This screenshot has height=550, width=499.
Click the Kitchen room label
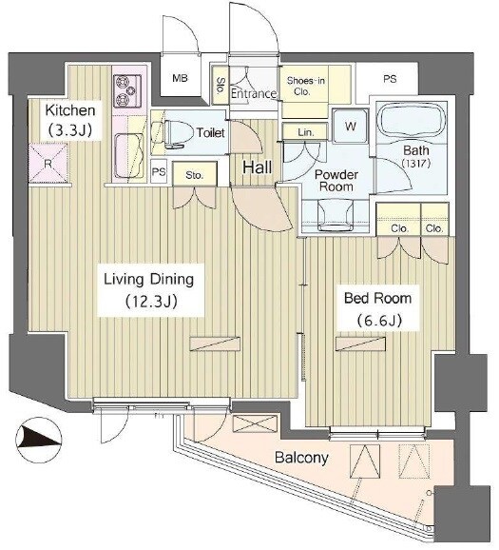pos(70,110)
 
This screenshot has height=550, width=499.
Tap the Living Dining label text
pos(148,280)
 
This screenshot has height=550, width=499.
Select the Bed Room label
pos(377,298)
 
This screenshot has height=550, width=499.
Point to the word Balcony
pos(301,458)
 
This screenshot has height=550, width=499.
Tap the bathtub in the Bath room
pos(413,122)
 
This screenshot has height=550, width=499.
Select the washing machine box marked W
pos(351,126)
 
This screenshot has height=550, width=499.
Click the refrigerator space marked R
pos(48,163)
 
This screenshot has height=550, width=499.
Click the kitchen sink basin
pos(129,155)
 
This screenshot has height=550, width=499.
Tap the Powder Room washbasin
pos(336,215)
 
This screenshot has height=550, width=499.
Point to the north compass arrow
pos(39,440)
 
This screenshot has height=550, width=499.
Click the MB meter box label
pos(180,78)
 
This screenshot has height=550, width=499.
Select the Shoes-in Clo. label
pos(305,87)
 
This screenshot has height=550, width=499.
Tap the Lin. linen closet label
pos(306,132)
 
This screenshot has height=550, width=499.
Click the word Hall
pos(258,167)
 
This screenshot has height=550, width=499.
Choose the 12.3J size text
pos(151,302)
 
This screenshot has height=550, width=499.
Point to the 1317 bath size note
pos(416,164)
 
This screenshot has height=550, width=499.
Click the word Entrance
pos(254,93)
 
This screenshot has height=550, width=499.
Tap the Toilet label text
pos(210,132)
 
